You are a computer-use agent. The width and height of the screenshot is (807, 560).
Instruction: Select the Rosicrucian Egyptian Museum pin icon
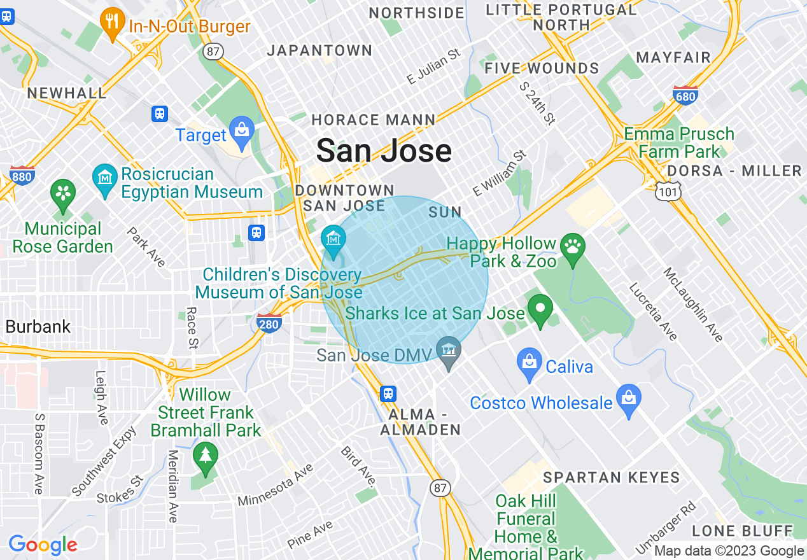tap(104, 179)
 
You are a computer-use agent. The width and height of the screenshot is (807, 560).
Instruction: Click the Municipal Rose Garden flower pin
tap(63, 195)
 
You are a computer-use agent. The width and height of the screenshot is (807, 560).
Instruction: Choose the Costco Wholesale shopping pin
tap(629, 400)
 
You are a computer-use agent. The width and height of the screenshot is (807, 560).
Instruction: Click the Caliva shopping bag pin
tap(530, 363)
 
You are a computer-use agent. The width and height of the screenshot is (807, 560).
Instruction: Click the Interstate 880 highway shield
tap(22, 175)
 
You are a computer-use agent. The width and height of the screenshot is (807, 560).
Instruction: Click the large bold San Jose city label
tap(384, 151)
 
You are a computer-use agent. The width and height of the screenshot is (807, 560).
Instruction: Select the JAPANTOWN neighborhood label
tap(319, 51)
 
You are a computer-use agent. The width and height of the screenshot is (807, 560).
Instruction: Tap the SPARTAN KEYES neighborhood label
tap(611, 477)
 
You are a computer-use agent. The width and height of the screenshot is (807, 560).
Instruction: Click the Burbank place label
tap(38, 326)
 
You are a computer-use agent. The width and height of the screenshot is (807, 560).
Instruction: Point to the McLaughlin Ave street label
tap(693, 305)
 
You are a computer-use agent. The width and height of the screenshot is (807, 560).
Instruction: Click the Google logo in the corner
tap(43, 545)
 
